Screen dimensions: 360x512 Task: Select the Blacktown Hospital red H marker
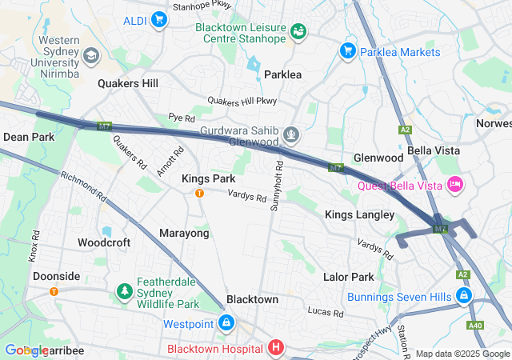point(275,348)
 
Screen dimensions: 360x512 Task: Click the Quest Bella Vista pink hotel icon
point(454,186)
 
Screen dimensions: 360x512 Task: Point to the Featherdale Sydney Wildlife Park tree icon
point(124,292)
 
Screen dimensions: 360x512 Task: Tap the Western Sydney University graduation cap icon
point(90,56)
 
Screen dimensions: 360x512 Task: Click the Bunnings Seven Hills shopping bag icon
point(462,297)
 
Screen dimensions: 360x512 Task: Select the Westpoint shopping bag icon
point(226,324)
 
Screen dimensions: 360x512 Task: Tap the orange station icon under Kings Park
point(199,193)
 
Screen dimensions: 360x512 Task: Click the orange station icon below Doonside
point(54,290)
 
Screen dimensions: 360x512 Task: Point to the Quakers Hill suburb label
point(128,83)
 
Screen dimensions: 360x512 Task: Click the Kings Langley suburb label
point(359,214)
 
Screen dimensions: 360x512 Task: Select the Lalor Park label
point(348,277)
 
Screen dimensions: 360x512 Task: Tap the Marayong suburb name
point(184,233)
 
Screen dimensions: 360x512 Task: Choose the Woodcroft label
point(104,242)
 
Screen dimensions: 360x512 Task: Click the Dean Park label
point(29,137)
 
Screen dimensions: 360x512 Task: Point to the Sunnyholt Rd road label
point(277,186)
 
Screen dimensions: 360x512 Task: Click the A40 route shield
point(475,325)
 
